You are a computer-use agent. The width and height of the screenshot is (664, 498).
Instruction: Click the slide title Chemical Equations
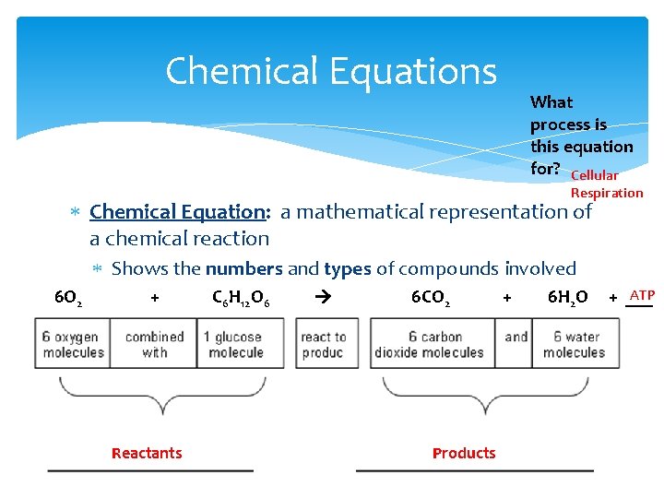tap(331, 71)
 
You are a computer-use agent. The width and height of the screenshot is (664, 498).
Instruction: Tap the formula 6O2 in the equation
tap(67, 298)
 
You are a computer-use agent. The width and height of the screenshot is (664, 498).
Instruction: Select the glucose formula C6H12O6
tap(241, 298)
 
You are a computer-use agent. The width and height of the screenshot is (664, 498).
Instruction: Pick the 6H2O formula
tap(567, 298)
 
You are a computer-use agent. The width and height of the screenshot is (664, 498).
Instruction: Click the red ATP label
tap(641, 296)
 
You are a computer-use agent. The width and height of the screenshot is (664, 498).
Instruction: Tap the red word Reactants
tap(147, 453)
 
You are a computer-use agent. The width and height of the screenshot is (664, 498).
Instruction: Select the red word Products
tap(464, 453)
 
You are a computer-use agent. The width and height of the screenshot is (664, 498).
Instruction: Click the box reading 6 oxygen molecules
tap(73, 344)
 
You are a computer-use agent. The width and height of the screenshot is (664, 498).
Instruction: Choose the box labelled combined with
tap(154, 344)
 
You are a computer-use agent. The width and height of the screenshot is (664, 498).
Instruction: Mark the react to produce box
tap(322, 344)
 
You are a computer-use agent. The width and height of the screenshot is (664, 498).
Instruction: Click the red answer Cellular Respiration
tap(606, 184)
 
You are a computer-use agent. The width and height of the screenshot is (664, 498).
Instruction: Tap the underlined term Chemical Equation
tap(179, 211)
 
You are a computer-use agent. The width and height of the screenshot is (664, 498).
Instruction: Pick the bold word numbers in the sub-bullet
tap(244, 269)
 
